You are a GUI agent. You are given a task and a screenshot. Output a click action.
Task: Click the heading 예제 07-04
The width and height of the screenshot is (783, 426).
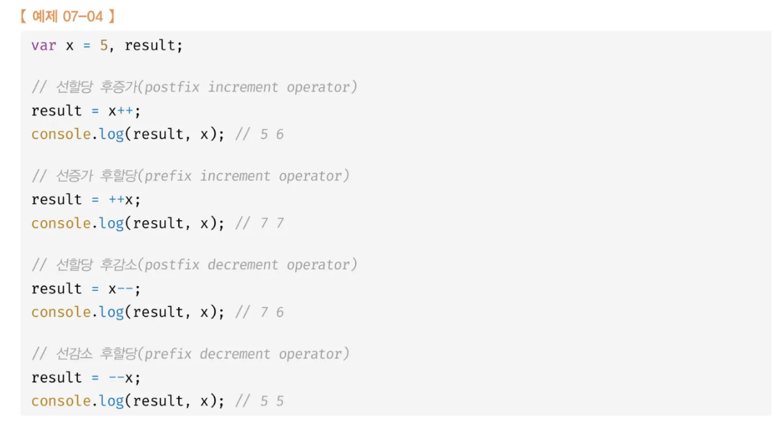(x=66, y=16)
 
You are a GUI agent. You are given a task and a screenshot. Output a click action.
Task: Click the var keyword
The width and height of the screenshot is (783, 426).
(x=43, y=45)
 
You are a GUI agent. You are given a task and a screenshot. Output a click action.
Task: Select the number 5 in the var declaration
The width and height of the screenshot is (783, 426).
(x=103, y=45)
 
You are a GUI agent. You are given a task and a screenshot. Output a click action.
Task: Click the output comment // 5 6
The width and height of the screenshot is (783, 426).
(x=259, y=134)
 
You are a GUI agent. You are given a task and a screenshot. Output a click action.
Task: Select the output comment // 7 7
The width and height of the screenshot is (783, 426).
(x=259, y=223)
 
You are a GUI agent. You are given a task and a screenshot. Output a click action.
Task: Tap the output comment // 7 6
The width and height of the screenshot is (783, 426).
(x=259, y=312)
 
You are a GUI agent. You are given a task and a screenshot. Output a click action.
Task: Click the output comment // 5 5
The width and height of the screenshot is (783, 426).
(x=259, y=401)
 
